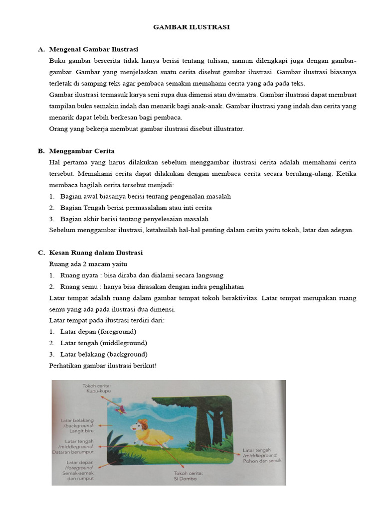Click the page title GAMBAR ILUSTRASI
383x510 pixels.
191,27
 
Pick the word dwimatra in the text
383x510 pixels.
240,95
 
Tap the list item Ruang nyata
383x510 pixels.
141,275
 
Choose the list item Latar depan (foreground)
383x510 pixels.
98,332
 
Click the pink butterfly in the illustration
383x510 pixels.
120,410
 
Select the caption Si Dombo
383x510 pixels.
185,479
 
